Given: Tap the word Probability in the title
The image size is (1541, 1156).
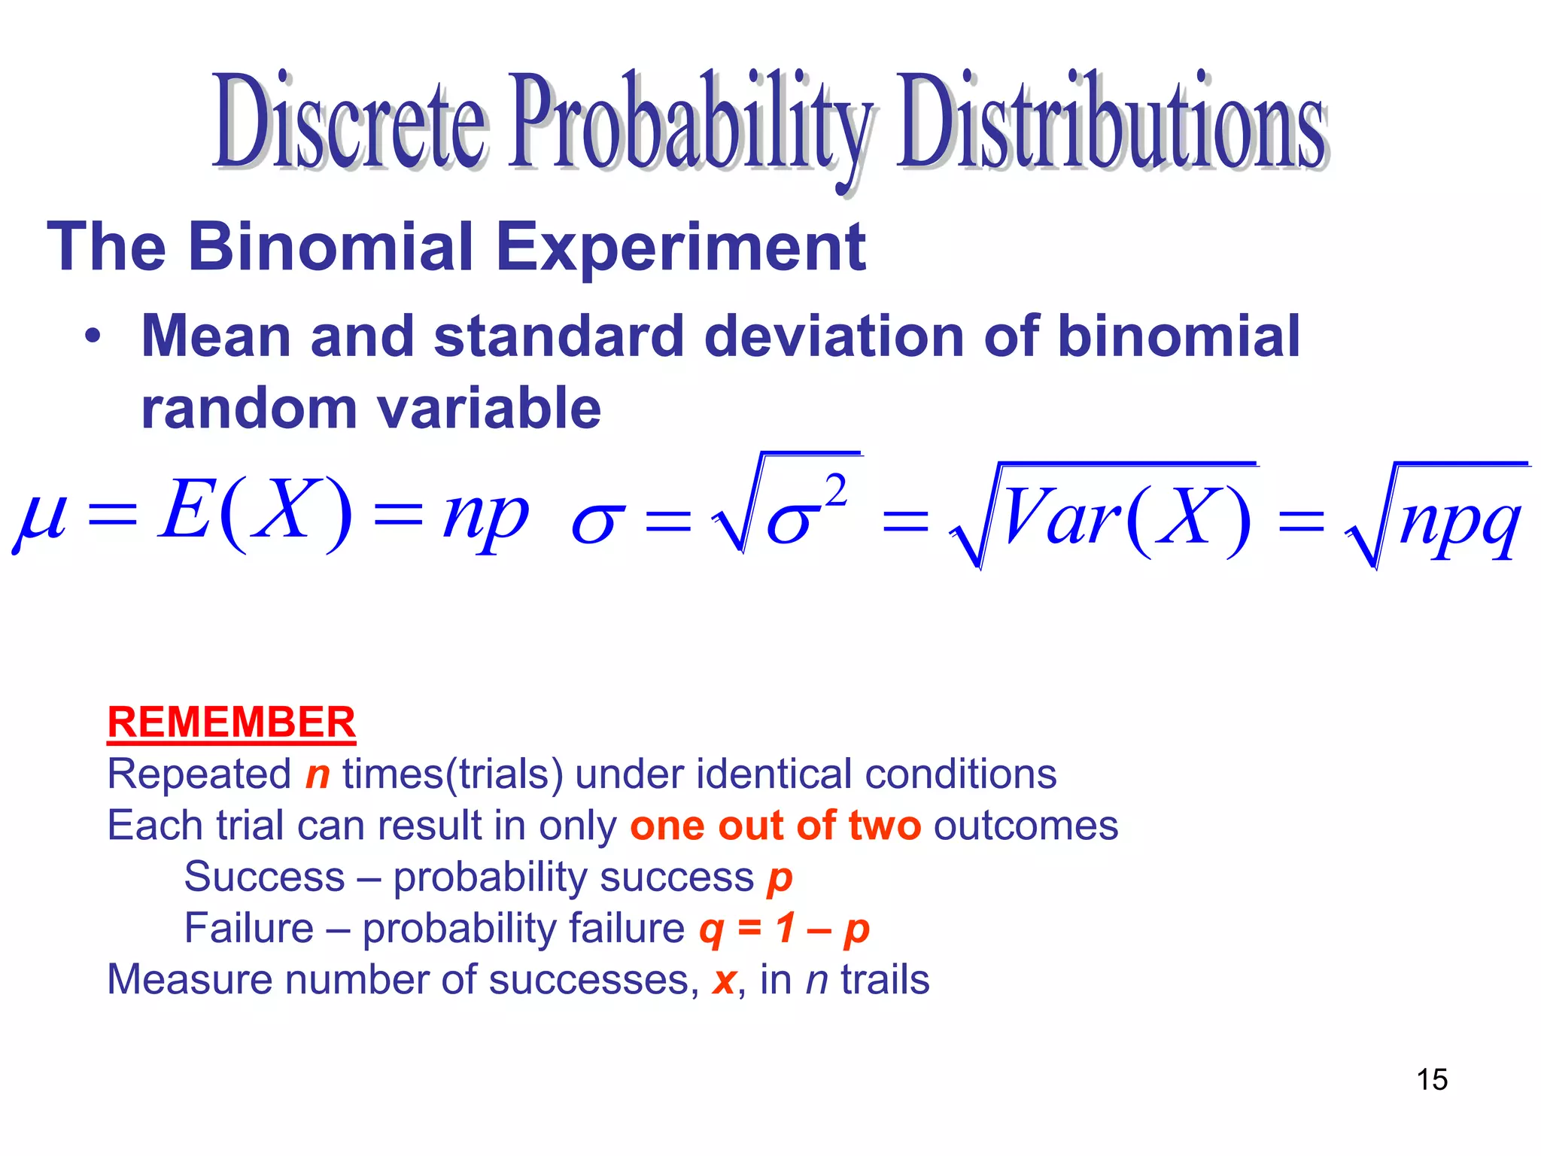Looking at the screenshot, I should click(688, 124).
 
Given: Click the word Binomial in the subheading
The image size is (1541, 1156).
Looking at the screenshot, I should click(330, 247).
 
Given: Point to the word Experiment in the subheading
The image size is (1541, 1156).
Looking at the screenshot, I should click(680, 247).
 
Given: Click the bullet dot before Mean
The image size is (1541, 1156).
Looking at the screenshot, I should click(92, 337).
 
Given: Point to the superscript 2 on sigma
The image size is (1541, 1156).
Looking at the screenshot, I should click(835, 492).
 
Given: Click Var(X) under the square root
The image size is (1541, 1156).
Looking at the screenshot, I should click(1125, 519).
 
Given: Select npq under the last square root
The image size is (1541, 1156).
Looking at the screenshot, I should click(1460, 522).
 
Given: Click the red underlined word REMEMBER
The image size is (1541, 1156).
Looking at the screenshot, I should click(231, 722).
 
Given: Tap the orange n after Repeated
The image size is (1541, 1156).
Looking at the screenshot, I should click(318, 775).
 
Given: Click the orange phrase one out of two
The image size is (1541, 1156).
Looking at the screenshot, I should click(775, 826).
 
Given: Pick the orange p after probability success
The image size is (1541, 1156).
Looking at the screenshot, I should click(780, 879).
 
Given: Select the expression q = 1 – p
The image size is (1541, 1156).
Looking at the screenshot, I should click(784, 929).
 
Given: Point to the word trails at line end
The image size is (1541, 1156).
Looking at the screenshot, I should click(885, 980).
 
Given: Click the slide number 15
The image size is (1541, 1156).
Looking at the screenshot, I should click(1432, 1079).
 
